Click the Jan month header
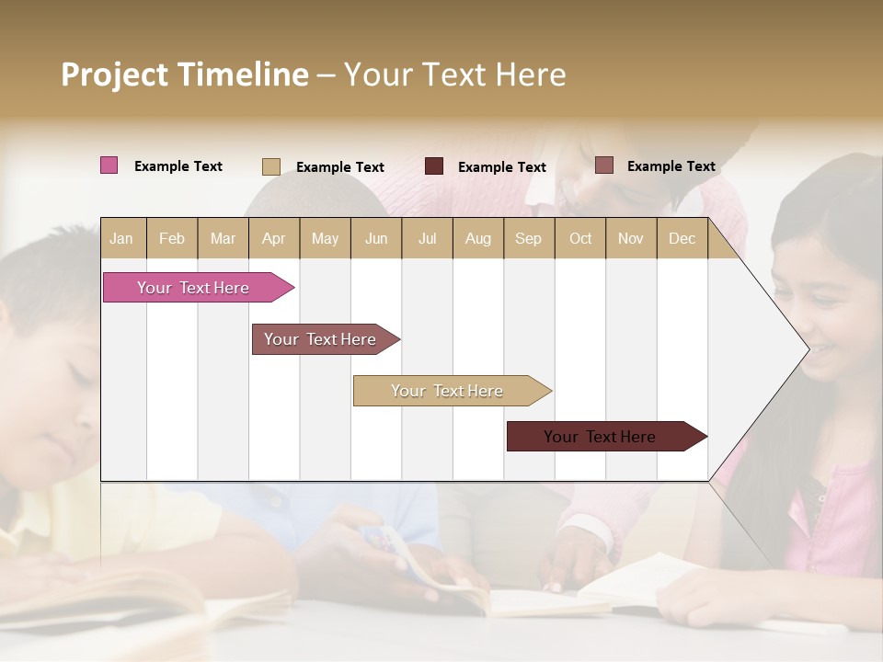[121, 239]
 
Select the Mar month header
[223, 239]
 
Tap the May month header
[325, 239]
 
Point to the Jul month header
[427, 239]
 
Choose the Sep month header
[528, 239]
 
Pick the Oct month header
[580, 239]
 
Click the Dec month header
[682, 239]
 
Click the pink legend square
[109, 165]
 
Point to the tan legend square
[271, 166]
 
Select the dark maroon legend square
[434, 166]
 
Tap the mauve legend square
[603, 165]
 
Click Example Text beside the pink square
[178, 166]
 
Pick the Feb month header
[172, 239]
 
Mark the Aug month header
[477, 239]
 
